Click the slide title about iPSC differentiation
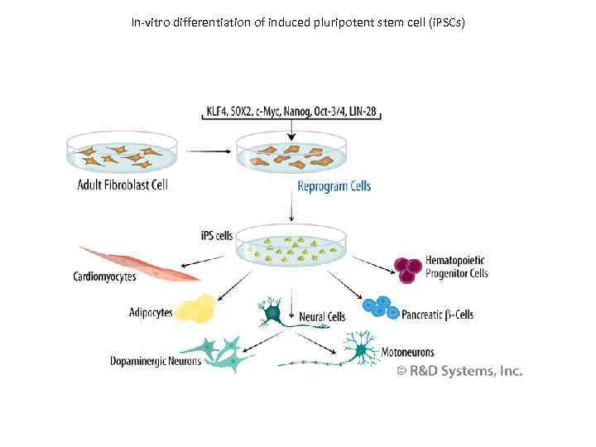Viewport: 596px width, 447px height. pyautogui.click(x=298, y=22)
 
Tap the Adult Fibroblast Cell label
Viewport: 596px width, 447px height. pyautogui.click(x=123, y=185)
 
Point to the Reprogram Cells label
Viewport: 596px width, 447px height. pyautogui.click(x=334, y=186)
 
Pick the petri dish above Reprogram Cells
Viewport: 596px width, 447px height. pyautogui.click(x=291, y=155)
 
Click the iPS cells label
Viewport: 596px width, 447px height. pyautogui.click(x=217, y=235)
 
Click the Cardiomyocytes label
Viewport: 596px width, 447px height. pyautogui.click(x=105, y=277)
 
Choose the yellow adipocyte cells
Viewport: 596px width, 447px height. pyautogui.click(x=199, y=309)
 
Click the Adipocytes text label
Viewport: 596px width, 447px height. pyautogui.click(x=151, y=312)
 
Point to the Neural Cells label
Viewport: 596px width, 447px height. pyautogui.click(x=322, y=316)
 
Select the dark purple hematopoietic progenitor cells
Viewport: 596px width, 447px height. pyautogui.click(x=408, y=268)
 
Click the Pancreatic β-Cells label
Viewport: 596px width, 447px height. pyautogui.click(x=437, y=315)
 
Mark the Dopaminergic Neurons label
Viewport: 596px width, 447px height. pyautogui.click(x=156, y=361)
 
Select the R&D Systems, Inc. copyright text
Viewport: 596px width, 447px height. pyautogui.click(x=459, y=372)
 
